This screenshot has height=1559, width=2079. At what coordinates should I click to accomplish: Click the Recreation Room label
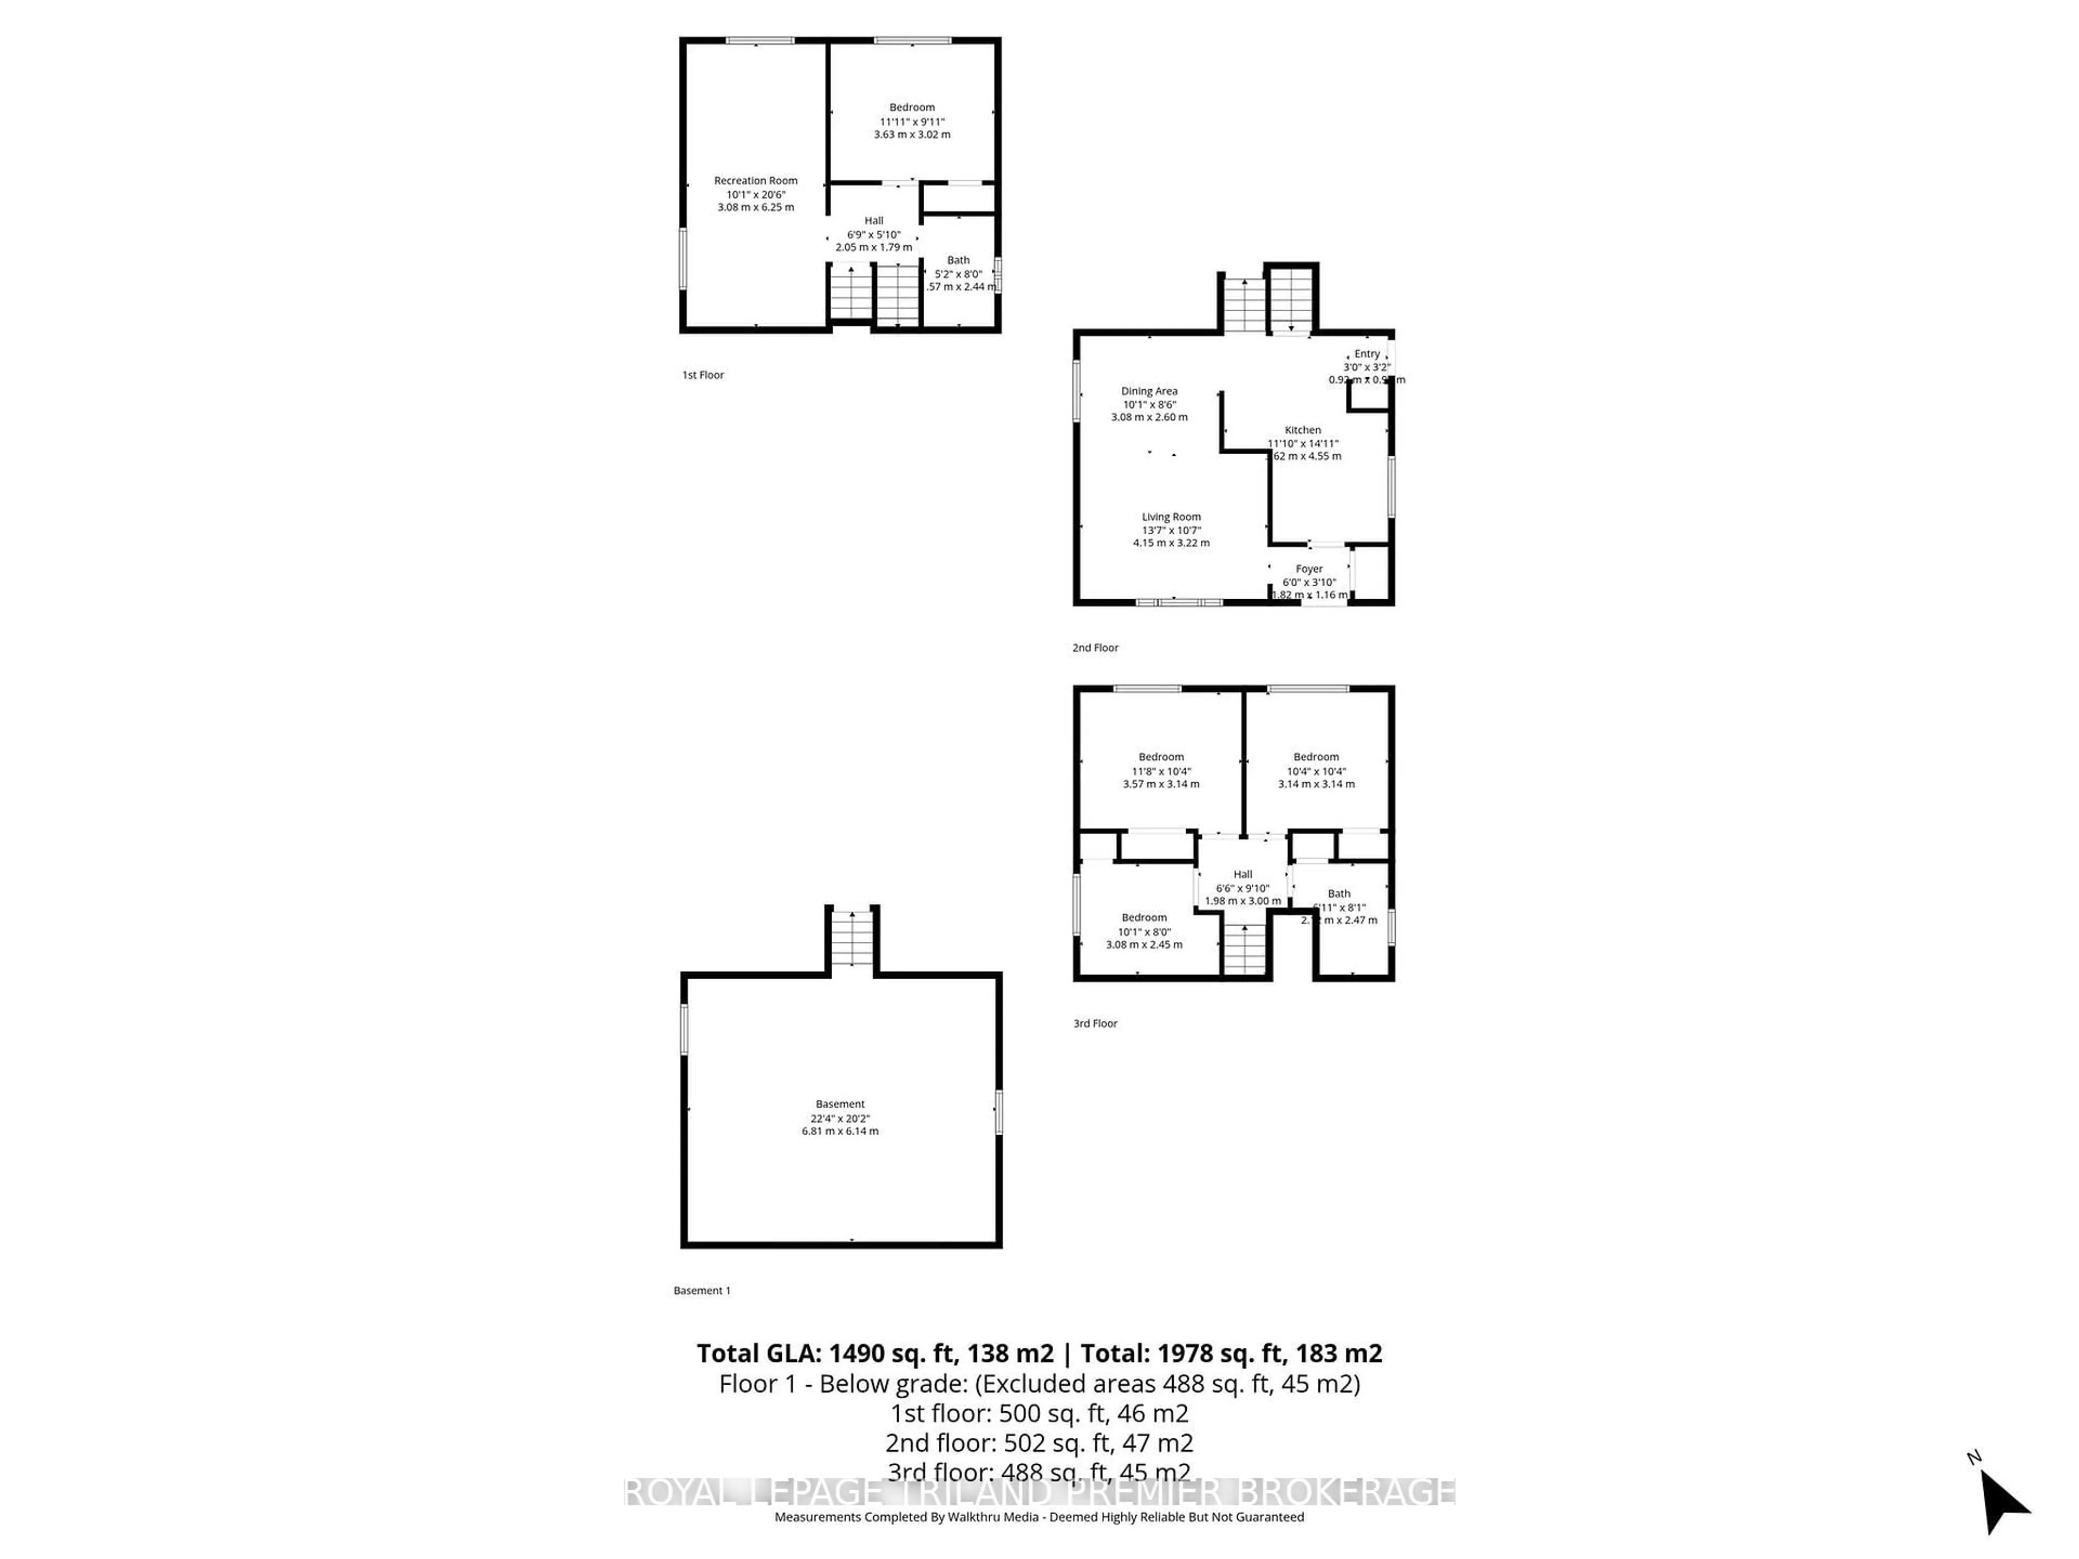(x=756, y=180)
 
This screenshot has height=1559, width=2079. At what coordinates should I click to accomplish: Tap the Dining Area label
(x=1148, y=391)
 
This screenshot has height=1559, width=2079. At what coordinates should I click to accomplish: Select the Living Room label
(x=1171, y=517)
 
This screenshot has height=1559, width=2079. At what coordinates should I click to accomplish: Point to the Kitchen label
(x=1303, y=430)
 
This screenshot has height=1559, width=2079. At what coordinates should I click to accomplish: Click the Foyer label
(x=1309, y=568)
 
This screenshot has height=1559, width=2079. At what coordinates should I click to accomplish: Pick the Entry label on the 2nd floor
(x=1367, y=354)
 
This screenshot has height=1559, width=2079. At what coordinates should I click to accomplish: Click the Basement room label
(x=839, y=1104)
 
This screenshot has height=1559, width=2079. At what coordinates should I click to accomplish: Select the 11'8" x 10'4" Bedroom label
(x=1161, y=756)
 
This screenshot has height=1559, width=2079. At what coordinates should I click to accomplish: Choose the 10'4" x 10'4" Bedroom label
(x=1316, y=756)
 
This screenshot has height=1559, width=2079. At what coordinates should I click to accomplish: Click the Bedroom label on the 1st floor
(x=912, y=107)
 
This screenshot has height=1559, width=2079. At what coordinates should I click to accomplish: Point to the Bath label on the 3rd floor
(x=1338, y=894)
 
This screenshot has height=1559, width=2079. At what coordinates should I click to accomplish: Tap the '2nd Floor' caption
(x=1095, y=647)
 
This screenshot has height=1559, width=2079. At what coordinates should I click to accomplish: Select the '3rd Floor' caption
(x=1095, y=1023)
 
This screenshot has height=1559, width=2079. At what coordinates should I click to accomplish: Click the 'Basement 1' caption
(x=701, y=1291)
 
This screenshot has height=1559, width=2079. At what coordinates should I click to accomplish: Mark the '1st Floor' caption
(x=703, y=375)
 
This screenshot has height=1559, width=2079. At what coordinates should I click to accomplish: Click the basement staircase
(x=852, y=940)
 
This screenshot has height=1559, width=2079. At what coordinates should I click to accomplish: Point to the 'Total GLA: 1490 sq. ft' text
(x=873, y=1353)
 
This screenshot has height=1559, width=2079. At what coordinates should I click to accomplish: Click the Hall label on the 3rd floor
(x=1243, y=874)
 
